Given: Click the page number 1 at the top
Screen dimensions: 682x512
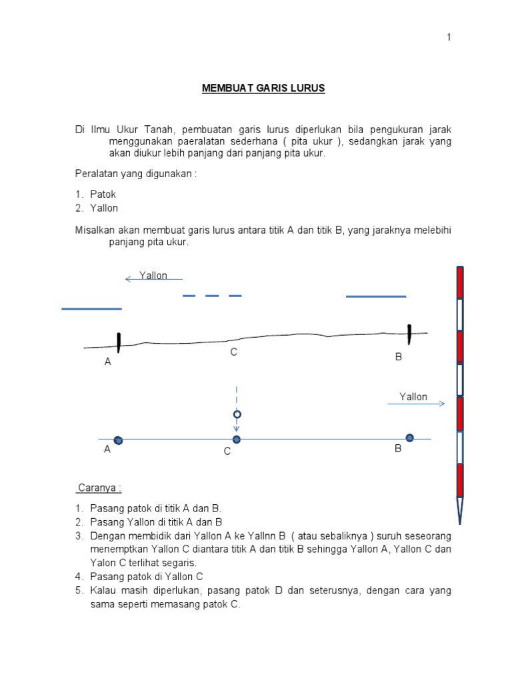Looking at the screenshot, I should point(449,38).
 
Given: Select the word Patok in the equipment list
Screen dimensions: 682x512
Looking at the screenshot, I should point(103,194).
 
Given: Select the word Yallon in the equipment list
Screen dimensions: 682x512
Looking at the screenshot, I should point(105,208).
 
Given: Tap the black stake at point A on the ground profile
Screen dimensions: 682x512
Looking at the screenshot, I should point(118,342).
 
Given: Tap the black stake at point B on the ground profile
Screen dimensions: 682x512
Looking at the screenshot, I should point(409,334).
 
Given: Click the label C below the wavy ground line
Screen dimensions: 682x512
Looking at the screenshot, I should point(233,352).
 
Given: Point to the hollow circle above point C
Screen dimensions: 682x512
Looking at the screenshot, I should point(236,414).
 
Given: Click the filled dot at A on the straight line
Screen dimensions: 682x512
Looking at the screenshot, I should point(118,440).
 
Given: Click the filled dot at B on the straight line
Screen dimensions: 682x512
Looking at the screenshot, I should point(409,438).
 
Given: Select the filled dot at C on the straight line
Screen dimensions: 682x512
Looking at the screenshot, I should point(236,440).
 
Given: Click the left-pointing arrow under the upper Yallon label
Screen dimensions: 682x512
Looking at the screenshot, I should point(153,280).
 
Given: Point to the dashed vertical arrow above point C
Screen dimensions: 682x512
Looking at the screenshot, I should point(236,400).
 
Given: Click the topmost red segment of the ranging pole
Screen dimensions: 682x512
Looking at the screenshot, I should point(460,283).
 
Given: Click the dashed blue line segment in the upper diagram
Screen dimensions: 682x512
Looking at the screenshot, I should point(212,296).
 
